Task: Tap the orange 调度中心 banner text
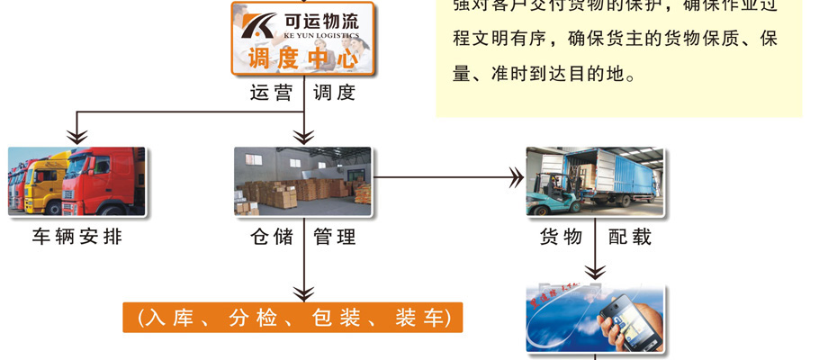tap(302, 60)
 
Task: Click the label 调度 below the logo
tap(334, 93)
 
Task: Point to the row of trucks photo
tap(76, 181)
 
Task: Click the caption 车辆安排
tap(76, 238)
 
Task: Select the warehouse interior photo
tap(302, 181)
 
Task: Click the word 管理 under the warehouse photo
tap(334, 238)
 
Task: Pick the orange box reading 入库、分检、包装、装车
tap(292, 317)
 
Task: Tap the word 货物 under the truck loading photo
tap(560, 238)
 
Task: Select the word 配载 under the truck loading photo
tap(629, 238)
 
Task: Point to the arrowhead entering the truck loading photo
tap(517, 176)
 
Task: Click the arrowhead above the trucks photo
tap(77, 136)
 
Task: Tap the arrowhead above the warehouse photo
tap(304, 136)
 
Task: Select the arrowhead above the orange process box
tap(304, 292)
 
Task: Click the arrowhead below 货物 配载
tap(595, 271)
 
